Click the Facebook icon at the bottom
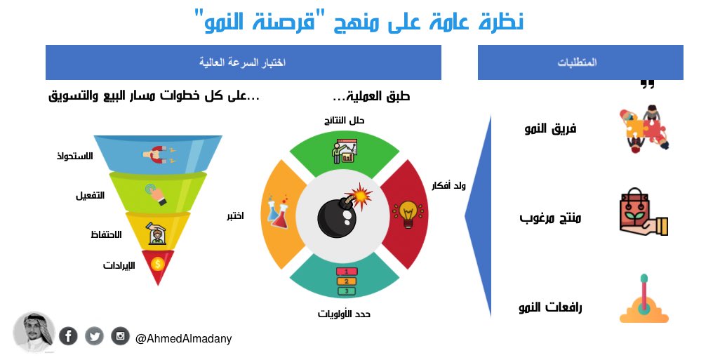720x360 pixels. [x=69, y=336]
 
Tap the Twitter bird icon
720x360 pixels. [x=94, y=336]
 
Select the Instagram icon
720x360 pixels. [x=120, y=336]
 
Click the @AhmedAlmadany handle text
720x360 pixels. [x=183, y=339]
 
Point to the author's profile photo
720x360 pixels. [x=34, y=332]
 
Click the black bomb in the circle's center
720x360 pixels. [x=340, y=214]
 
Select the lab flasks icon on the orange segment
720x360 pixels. [x=276, y=211]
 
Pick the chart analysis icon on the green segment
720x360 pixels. [x=344, y=149]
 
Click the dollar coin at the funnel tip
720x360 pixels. [x=158, y=264]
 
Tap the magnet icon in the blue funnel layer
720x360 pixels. [x=158, y=154]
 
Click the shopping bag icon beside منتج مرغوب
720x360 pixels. [x=642, y=213]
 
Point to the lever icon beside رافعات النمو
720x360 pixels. [x=644, y=301]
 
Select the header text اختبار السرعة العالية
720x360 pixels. [x=242, y=63]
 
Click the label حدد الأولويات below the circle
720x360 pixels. [x=344, y=314]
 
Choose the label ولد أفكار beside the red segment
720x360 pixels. [x=446, y=187]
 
